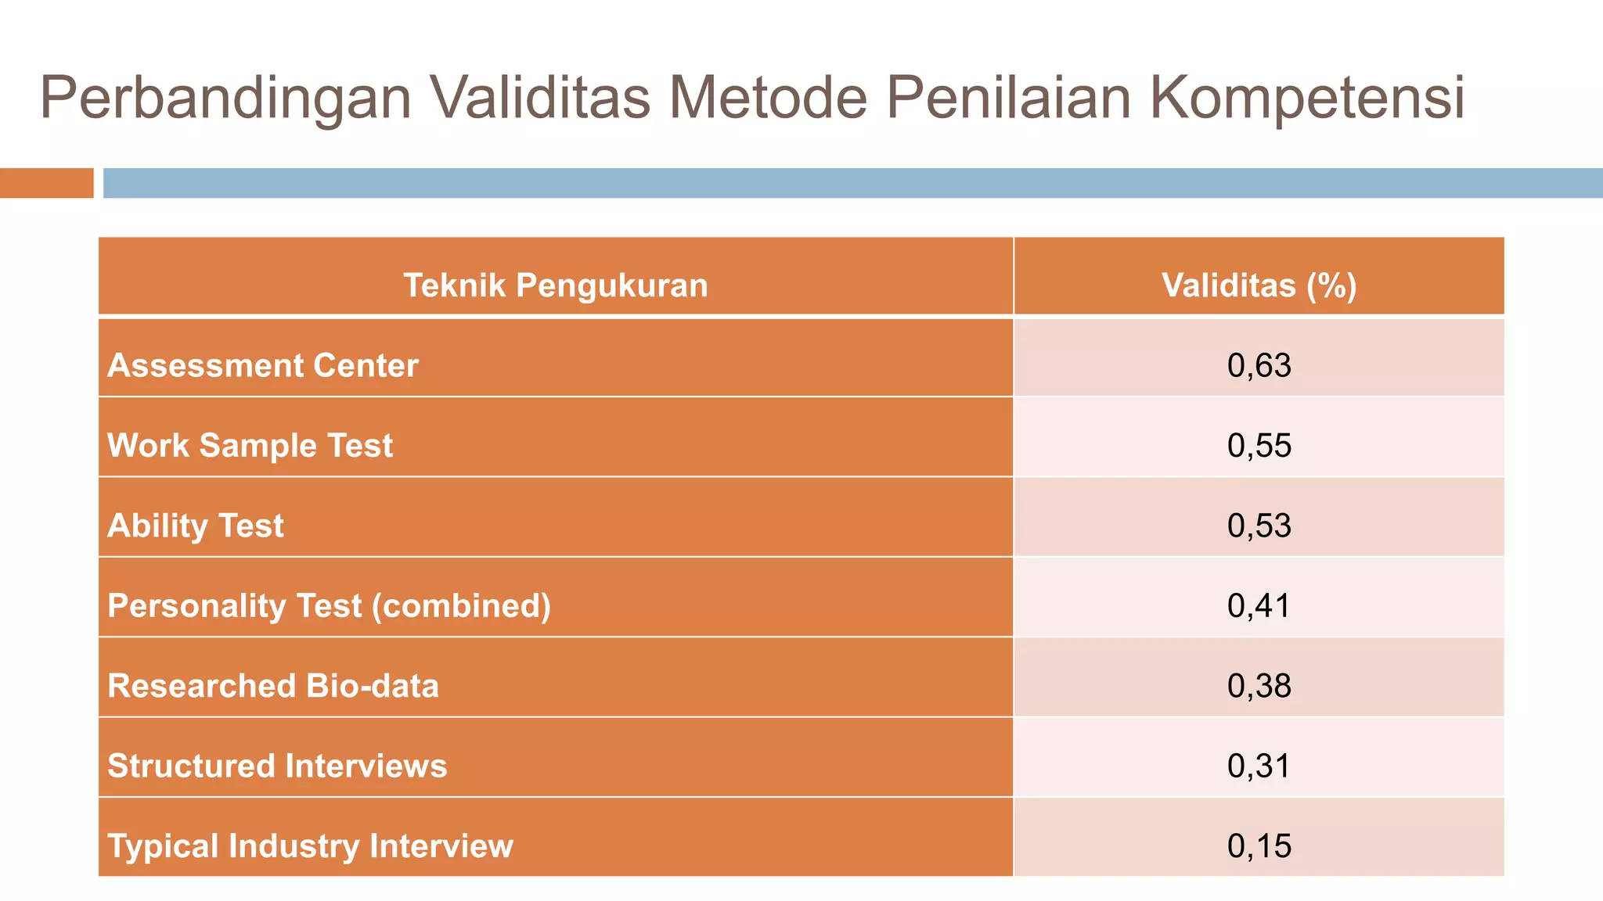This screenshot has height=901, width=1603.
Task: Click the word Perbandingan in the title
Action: pos(225,99)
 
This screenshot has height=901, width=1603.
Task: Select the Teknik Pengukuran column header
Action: pos(555,285)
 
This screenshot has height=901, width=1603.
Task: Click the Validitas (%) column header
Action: pos(1259,285)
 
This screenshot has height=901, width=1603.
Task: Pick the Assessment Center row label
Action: pos(263,366)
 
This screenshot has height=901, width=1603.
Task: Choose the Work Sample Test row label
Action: pos(250,446)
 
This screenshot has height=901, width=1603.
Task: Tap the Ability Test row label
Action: pos(196,526)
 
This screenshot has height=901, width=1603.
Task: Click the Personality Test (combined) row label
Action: pos(329,606)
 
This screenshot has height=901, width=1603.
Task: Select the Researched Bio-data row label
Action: pos(273,686)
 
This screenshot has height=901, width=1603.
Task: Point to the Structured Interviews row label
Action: pos(277,766)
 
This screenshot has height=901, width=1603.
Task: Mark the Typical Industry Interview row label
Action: pos(310,846)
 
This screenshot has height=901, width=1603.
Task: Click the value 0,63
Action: pos(1259,366)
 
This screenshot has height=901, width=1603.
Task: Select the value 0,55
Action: pos(1259,446)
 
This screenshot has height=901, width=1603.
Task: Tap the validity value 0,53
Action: pos(1259,526)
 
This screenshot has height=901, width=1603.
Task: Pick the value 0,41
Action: pos(1259,606)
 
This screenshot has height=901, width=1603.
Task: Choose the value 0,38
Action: pos(1259,686)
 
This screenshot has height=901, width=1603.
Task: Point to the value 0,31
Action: pos(1259,766)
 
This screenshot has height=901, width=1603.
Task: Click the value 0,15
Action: pos(1259,846)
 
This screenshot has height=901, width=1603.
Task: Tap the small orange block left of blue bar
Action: pos(46,183)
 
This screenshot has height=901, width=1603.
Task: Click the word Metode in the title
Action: pos(767,99)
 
